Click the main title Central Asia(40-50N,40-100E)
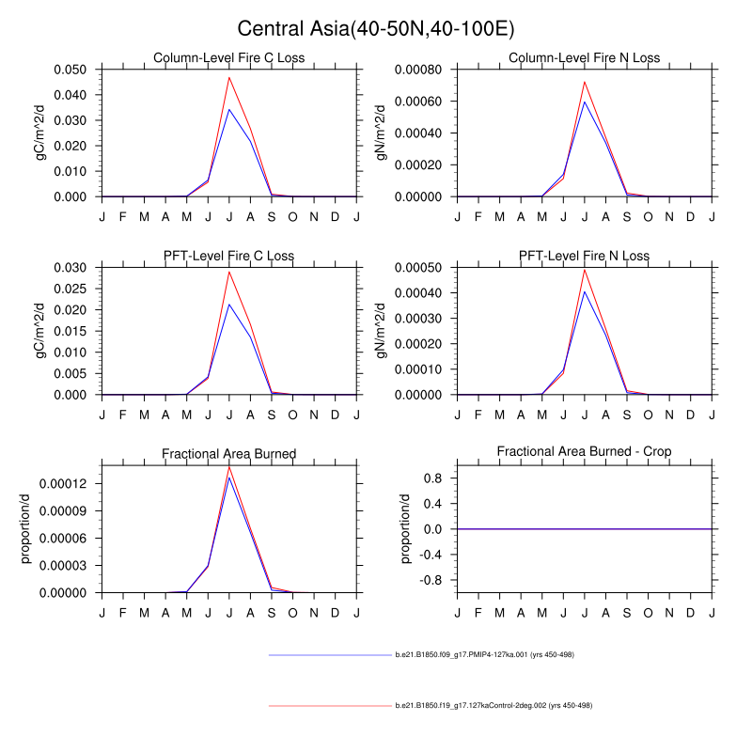[x=375, y=28]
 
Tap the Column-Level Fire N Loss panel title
[x=584, y=58]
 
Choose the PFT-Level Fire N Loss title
[x=584, y=256]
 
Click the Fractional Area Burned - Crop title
[x=584, y=453]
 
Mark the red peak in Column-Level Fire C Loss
[x=229, y=77]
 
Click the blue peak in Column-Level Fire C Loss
[x=229, y=109]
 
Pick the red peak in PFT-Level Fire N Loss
[x=585, y=270]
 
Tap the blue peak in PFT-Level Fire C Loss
[x=229, y=304]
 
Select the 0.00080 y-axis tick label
[x=421, y=70]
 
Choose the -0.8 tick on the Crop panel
[x=432, y=580]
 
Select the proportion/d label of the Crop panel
[x=406, y=528]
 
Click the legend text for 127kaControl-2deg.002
[x=493, y=705]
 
